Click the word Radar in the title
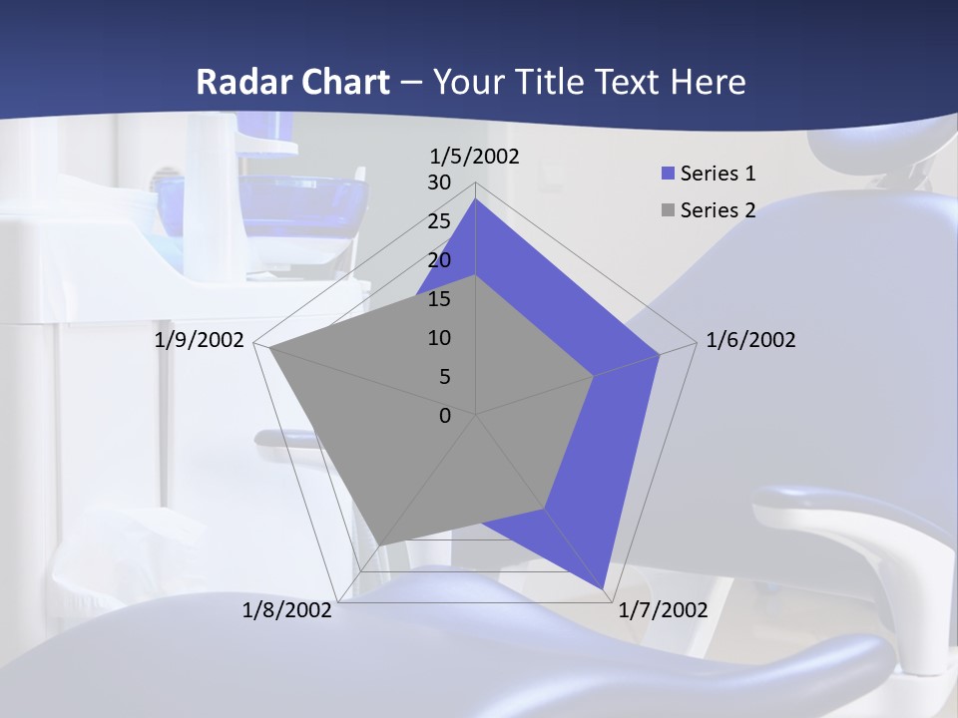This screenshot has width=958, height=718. tap(236, 82)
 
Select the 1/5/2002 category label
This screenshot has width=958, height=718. tap(475, 157)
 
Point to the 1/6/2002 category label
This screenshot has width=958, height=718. tap(750, 340)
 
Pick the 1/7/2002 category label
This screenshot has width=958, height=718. tap(663, 610)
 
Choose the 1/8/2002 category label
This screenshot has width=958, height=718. tap(287, 610)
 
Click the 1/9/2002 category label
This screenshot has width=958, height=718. tap(200, 340)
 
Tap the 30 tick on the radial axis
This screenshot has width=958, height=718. tap(439, 182)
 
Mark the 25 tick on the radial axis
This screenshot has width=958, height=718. tap(439, 221)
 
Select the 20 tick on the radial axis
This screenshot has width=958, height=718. tap(439, 260)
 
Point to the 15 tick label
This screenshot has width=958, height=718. tap(439, 299)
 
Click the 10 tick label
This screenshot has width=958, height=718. tap(439, 338)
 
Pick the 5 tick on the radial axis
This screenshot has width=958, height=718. tap(445, 377)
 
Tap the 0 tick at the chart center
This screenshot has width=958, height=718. tap(445, 415)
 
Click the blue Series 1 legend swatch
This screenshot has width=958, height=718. tap(669, 174)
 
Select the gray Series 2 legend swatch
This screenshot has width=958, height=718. tap(669, 210)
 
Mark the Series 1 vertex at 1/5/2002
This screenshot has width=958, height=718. tap(476, 199)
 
